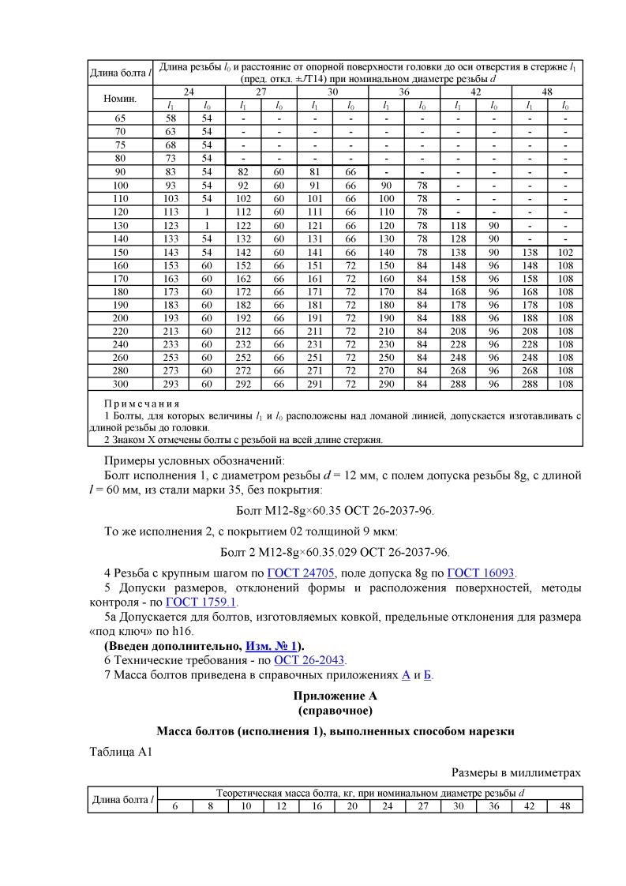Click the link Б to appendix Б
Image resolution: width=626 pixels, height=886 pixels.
click(426, 675)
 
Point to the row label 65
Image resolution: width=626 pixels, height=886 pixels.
click(120, 118)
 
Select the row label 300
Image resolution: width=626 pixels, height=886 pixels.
click(120, 385)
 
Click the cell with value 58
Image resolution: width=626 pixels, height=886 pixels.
click(171, 118)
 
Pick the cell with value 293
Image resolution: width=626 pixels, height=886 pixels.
click(171, 385)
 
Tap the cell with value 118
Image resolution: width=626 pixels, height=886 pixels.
click(458, 224)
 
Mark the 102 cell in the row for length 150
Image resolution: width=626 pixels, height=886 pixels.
click(565, 251)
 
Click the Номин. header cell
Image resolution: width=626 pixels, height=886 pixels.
click(120, 99)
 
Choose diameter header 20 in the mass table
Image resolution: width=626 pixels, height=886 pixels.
click(352, 805)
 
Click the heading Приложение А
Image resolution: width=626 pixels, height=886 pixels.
click(335, 696)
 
